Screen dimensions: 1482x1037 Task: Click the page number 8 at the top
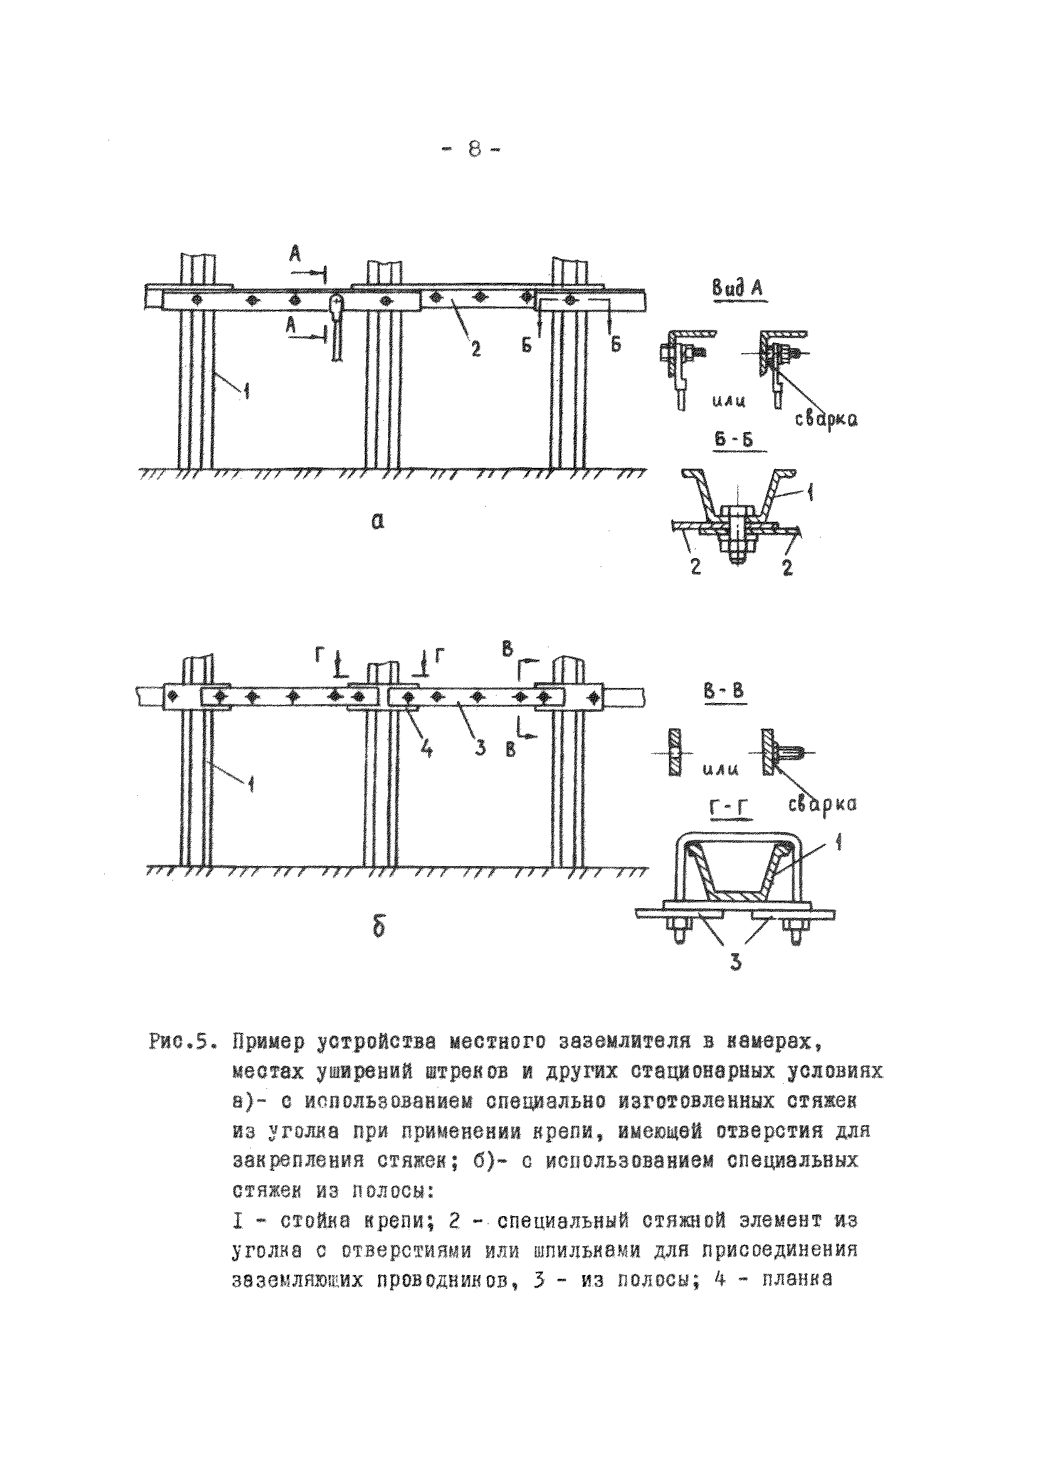(x=473, y=150)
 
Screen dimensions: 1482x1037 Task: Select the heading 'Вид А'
(x=736, y=288)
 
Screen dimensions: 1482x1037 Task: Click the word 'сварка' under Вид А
(x=825, y=419)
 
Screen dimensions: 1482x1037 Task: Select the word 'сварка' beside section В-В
(x=822, y=804)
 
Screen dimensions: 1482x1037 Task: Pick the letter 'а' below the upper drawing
(x=377, y=521)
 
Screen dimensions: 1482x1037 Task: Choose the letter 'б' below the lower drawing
(x=379, y=927)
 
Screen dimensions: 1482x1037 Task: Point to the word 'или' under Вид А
(x=729, y=401)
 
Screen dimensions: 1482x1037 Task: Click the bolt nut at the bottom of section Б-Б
(x=735, y=549)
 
